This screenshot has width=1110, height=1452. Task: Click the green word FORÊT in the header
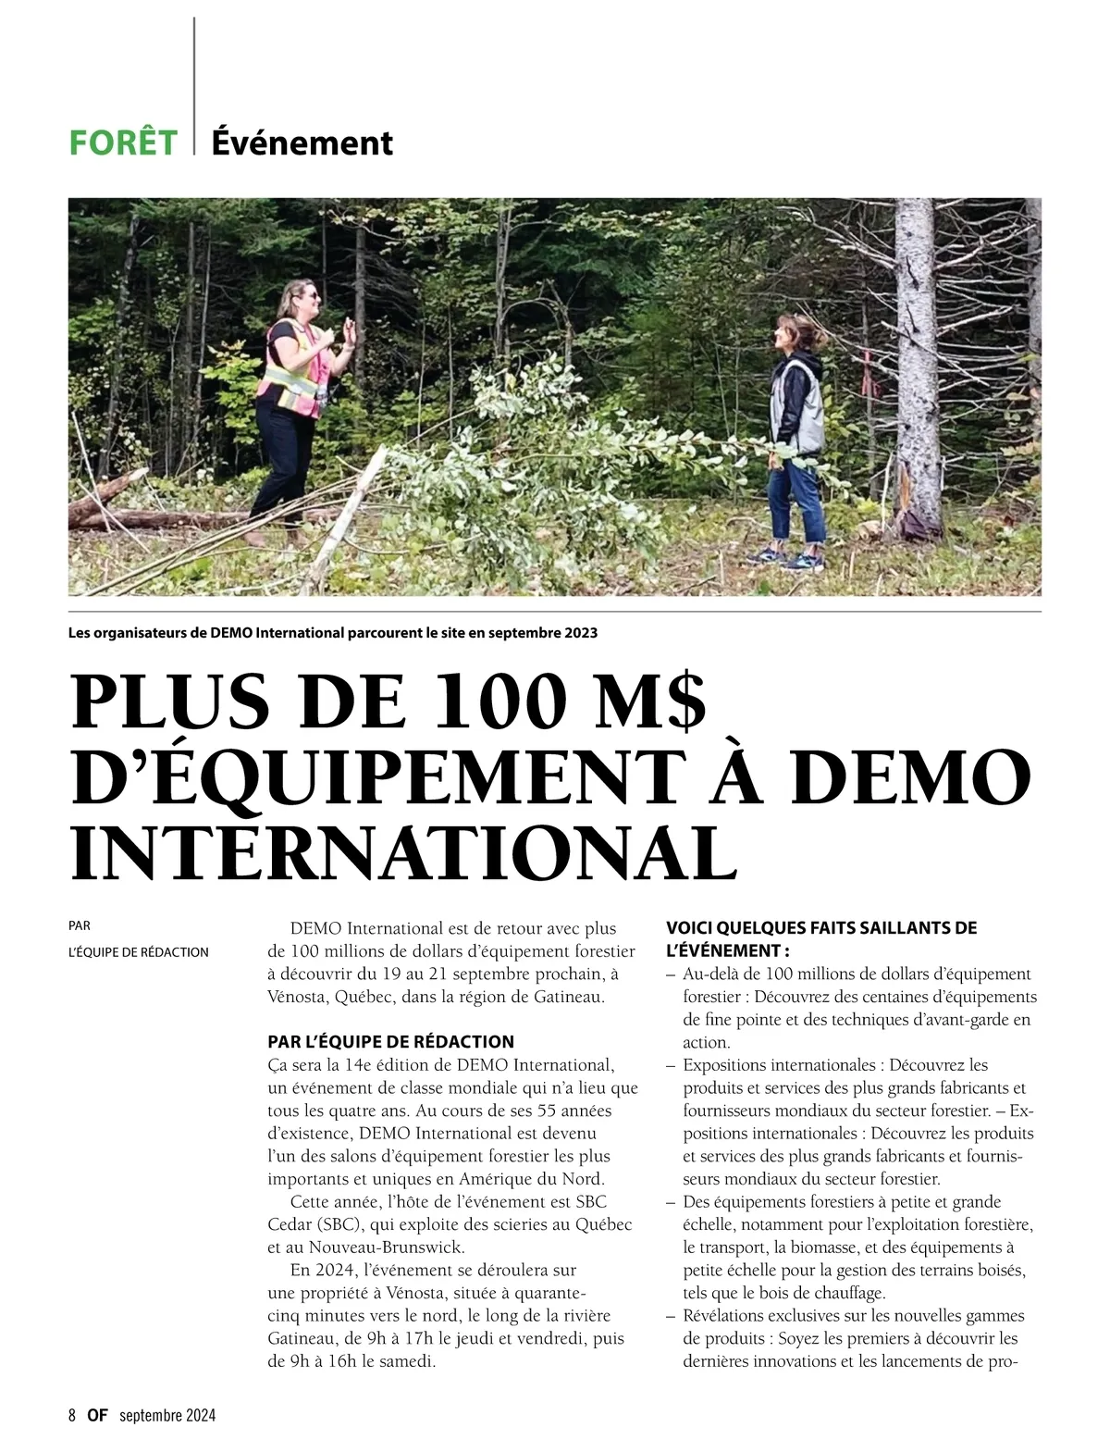123,143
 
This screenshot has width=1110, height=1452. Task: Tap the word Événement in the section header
302,143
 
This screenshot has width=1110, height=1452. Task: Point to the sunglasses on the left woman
309,295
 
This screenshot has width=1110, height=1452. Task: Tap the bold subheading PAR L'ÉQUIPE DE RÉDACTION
390,1042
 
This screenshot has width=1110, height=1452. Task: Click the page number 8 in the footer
72,1415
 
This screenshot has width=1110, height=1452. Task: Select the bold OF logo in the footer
98,1415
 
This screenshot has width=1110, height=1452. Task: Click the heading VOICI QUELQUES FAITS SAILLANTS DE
821,928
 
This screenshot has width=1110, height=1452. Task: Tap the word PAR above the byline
80,925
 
